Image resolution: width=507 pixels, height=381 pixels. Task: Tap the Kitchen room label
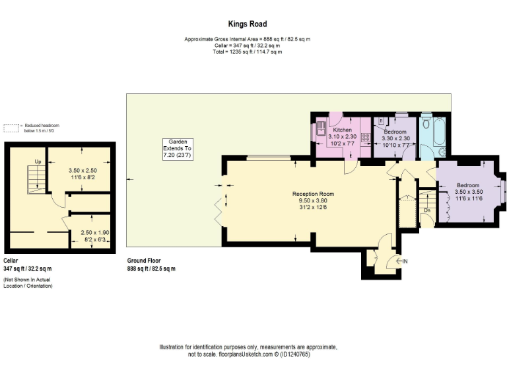pyautogui.click(x=343, y=130)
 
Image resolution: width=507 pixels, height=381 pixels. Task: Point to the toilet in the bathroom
pyautogui.click(x=426, y=124)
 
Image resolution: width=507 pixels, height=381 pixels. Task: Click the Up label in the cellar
pyautogui.click(x=38, y=161)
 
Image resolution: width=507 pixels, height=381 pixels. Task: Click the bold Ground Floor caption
pyautogui.click(x=144, y=261)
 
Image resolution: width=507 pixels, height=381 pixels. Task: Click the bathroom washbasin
pyautogui.click(x=443, y=152)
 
